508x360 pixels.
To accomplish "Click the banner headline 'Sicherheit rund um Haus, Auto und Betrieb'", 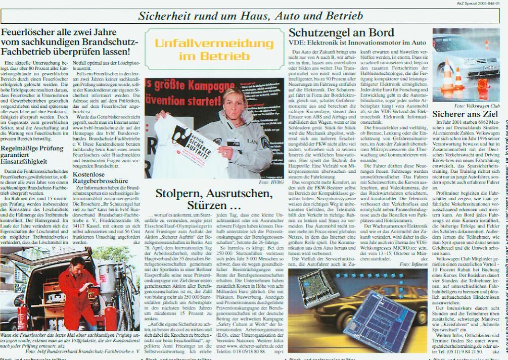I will (x=250, y=16).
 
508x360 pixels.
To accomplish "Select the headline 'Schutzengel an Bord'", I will (x=341, y=33).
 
